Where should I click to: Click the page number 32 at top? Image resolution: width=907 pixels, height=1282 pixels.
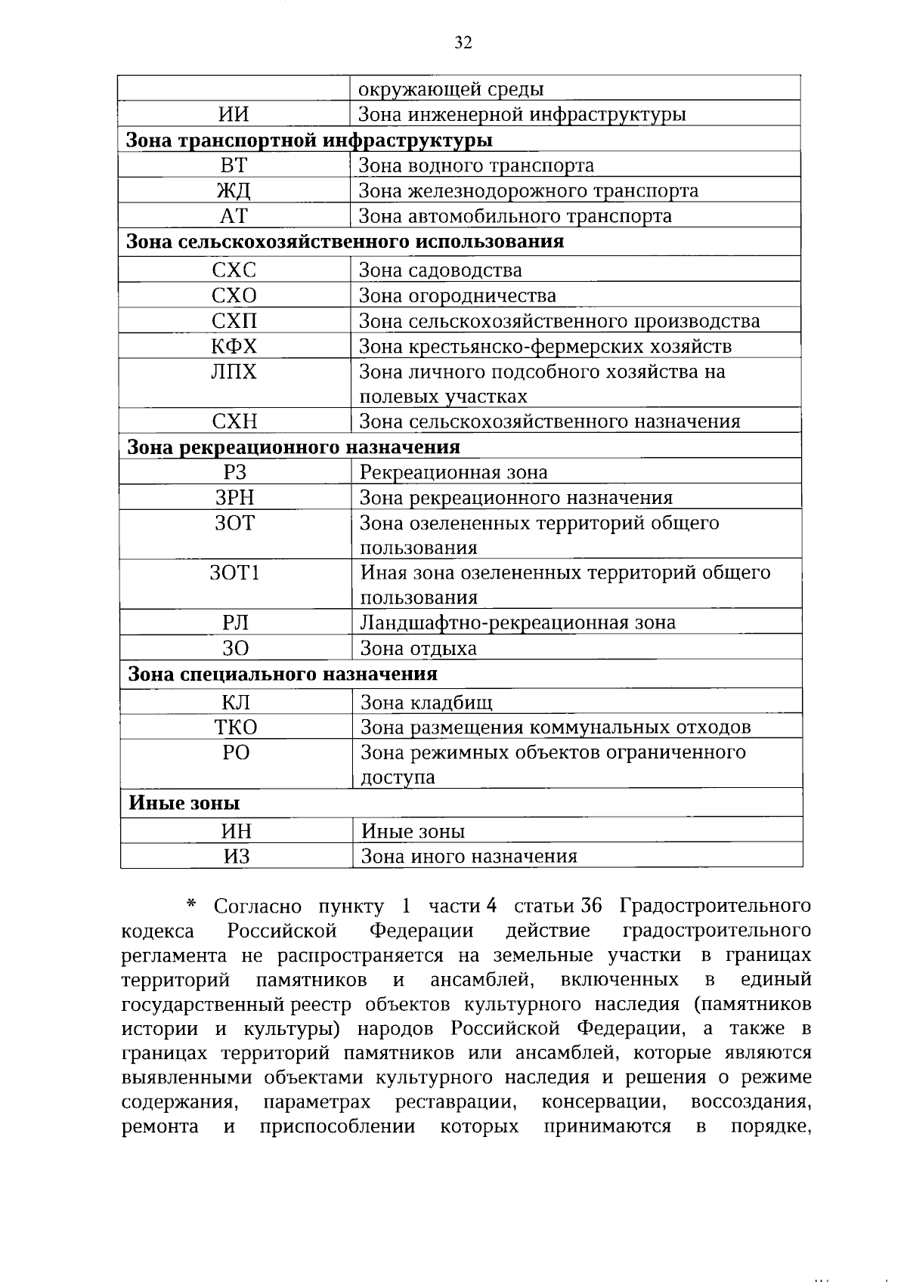(463, 43)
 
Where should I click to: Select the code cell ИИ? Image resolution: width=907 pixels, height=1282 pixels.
(234, 115)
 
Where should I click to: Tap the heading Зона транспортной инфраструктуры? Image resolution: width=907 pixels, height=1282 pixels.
(309, 141)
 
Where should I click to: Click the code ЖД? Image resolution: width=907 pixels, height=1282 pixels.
(234, 191)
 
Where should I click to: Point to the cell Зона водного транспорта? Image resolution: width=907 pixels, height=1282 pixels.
(475, 165)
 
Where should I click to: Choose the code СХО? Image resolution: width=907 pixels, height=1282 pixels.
(234, 295)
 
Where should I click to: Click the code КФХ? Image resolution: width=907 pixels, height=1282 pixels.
(234, 347)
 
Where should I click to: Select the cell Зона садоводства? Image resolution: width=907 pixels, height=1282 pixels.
(439, 270)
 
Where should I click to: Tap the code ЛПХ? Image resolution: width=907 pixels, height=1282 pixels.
(234, 372)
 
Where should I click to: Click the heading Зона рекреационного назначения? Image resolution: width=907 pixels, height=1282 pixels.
(294, 447)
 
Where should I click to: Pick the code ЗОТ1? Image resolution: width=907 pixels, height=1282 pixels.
(235, 573)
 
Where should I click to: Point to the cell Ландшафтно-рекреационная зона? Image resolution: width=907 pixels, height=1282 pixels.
(518, 623)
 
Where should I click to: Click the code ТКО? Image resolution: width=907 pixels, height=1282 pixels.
(236, 727)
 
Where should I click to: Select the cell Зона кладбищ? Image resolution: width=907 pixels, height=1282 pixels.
(426, 703)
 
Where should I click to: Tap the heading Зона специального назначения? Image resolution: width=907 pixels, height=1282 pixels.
(283, 674)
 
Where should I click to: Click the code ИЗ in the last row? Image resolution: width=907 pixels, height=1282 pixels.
(236, 857)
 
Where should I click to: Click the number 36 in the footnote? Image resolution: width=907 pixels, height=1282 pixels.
(591, 906)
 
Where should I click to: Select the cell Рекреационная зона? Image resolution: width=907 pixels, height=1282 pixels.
(453, 473)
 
